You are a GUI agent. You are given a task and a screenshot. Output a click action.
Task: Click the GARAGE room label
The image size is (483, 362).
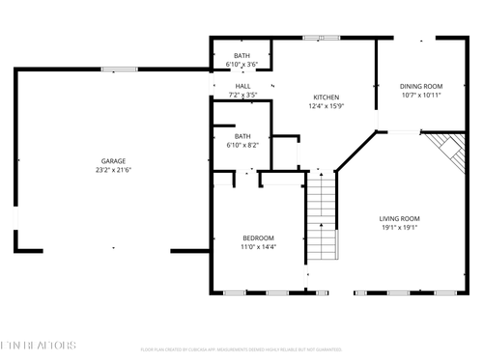tap(113, 161)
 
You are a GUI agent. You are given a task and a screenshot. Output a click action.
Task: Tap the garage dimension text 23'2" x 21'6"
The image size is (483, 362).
tap(113, 170)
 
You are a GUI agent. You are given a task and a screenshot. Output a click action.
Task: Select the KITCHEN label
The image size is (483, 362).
tap(326, 97)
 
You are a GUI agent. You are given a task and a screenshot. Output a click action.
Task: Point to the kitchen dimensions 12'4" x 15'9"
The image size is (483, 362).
tap(326, 106)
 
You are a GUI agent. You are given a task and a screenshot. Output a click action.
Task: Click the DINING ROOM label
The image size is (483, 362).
tap(420, 87)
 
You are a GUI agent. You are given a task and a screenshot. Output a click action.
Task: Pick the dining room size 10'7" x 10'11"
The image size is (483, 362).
tap(420, 96)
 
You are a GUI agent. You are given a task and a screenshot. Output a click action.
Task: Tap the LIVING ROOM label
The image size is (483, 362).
tap(399, 219)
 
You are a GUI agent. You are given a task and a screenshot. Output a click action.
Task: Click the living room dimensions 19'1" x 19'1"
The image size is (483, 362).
tap(399, 228)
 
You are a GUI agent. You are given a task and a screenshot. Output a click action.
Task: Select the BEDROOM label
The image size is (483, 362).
tap(258, 238)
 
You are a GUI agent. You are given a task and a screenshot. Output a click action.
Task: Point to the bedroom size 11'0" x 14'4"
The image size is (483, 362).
tap(258, 247)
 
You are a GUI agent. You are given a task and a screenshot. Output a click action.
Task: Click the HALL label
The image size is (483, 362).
tap(242, 86)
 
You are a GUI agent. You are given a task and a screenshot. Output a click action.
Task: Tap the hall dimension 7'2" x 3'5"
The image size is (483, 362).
tap(242, 95)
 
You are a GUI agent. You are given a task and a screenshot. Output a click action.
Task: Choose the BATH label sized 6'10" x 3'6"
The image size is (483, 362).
tap(241, 56)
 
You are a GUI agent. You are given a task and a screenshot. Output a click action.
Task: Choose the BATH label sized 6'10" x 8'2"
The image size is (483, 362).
tap(241, 136)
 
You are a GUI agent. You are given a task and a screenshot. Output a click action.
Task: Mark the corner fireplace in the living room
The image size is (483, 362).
tap(446, 149)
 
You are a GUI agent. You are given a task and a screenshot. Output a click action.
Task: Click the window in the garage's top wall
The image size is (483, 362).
tap(119, 69)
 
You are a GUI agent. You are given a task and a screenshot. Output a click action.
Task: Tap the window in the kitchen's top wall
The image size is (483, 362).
tap(315, 38)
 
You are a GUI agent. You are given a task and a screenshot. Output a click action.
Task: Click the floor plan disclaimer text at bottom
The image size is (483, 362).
tap(241, 349)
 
